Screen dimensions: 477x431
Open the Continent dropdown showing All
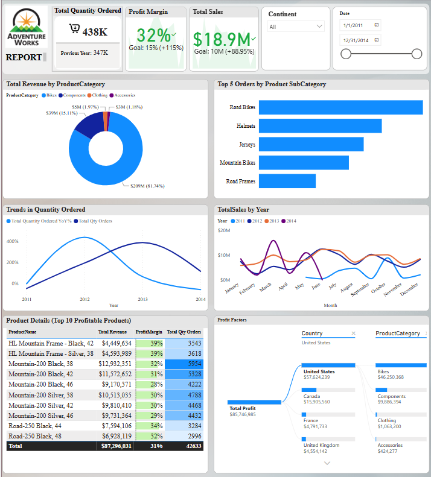tap(296, 27)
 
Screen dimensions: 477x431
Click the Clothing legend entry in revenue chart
tap(100, 95)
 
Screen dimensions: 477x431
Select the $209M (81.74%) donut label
tap(147, 186)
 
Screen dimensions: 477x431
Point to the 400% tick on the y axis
tap(12, 241)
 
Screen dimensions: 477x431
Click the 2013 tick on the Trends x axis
tap(142, 299)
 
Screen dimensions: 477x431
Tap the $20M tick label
tap(223, 230)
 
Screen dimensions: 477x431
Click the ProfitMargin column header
tap(148, 332)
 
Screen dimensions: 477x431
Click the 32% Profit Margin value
tap(153, 35)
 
